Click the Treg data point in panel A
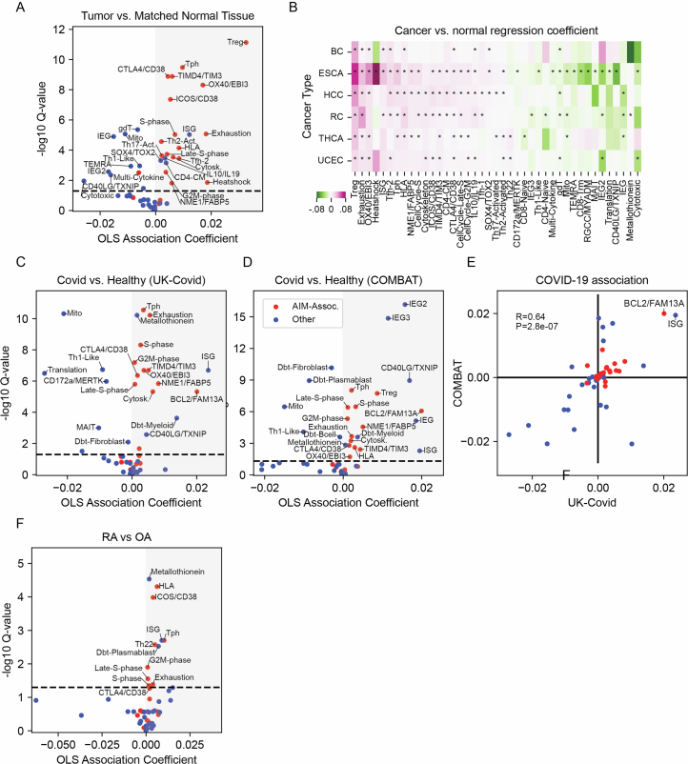pos(246,42)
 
